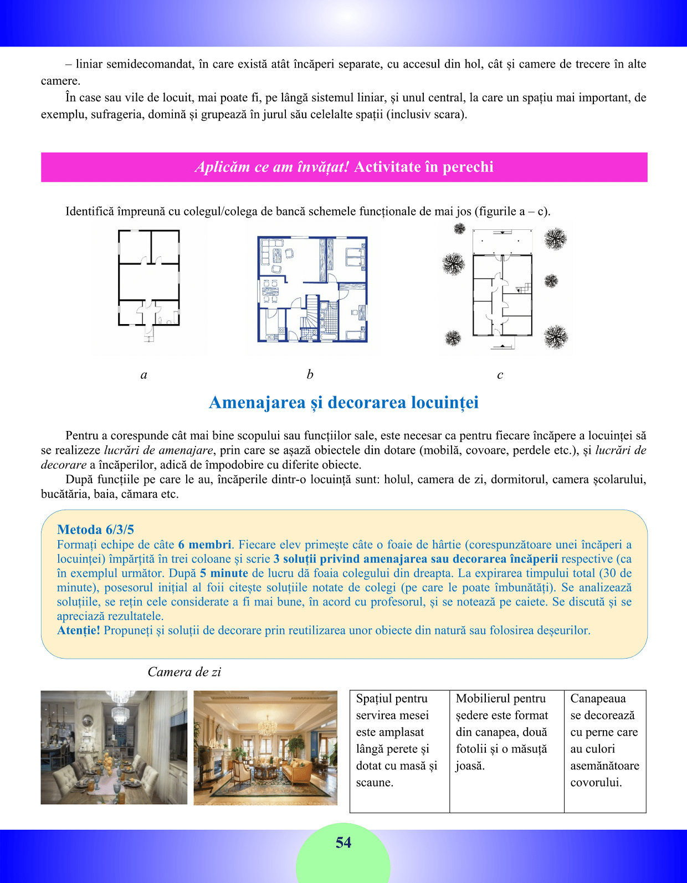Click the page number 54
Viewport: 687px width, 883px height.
tap(343, 843)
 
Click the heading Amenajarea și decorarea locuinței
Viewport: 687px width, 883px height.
tap(343, 403)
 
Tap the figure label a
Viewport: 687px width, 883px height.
tap(144, 375)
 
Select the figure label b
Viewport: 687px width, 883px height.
tap(310, 374)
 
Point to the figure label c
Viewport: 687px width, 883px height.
tap(500, 375)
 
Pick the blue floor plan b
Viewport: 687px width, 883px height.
tap(312, 289)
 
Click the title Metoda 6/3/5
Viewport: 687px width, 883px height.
tap(95, 530)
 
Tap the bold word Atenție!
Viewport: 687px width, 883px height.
tap(79, 630)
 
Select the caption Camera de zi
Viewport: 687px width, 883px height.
tap(184, 672)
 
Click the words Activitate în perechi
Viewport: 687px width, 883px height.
tap(424, 167)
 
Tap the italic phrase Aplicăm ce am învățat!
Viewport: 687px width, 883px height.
tap(272, 167)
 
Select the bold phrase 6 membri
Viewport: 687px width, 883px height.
tap(205, 545)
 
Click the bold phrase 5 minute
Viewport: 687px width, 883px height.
tap(224, 573)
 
